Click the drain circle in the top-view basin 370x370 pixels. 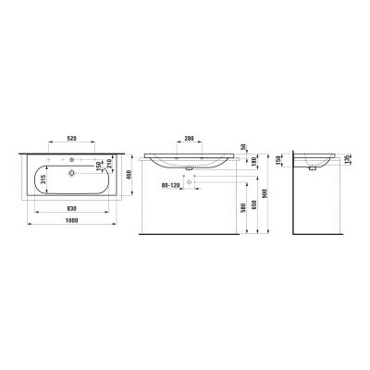click(x=71, y=173)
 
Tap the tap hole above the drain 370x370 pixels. click(x=71, y=161)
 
